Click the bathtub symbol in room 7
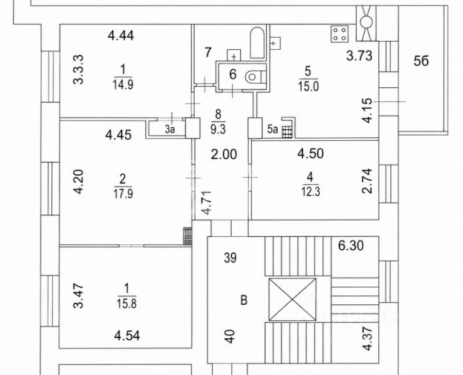coord(258,43)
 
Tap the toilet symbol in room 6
coord(255,77)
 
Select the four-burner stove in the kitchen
coord(339,34)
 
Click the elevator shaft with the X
coord(292,299)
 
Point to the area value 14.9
coord(123,85)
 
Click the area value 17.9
coord(123,194)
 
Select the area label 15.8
coord(127,303)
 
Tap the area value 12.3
coord(310,192)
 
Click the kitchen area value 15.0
coord(308,87)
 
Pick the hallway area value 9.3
coord(218,129)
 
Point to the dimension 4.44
coord(121,35)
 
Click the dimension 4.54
coord(127,336)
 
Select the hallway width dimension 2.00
coord(224,154)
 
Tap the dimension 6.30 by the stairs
coord(351,246)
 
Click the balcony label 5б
coord(421,61)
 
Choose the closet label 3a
coord(170,129)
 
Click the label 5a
coord(273,129)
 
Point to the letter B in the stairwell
coord(244,301)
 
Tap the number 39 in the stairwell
coord(230,258)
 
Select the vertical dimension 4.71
coord(206,202)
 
